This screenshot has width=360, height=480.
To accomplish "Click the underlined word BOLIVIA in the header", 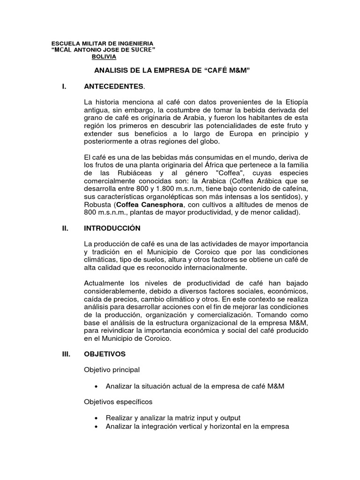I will click(x=104, y=56).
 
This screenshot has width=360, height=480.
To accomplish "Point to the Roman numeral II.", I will click(x=66, y=228).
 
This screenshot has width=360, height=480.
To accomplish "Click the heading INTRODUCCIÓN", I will click(x=112, y=228).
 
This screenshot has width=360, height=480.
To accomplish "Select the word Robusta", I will click(x=97, y=205).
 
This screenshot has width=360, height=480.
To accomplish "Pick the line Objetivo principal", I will click(x=112, y=370).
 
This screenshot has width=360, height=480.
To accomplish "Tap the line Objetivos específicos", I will click(x=118, y=402).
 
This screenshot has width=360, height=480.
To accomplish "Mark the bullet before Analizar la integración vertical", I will click(x=96, y=426).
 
